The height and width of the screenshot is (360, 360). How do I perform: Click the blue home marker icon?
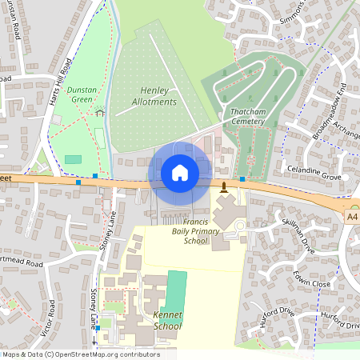pyautogui.click(x=179, y=172)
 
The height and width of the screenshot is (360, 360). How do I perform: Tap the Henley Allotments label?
pyautogui.click(x=154, y=96)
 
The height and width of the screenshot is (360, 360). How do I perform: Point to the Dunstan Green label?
pyautogui.click(x=82, y=95)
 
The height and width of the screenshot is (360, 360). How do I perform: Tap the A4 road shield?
pyautogui.click(x=353, y=215)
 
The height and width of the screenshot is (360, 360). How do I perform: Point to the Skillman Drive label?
pyautogui.click(x=298, y=232)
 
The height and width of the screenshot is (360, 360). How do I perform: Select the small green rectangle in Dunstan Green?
pyautogui.click(x=73, y=159)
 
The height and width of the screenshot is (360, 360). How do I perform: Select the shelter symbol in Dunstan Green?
pyautogui.click(x=100, y=113)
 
